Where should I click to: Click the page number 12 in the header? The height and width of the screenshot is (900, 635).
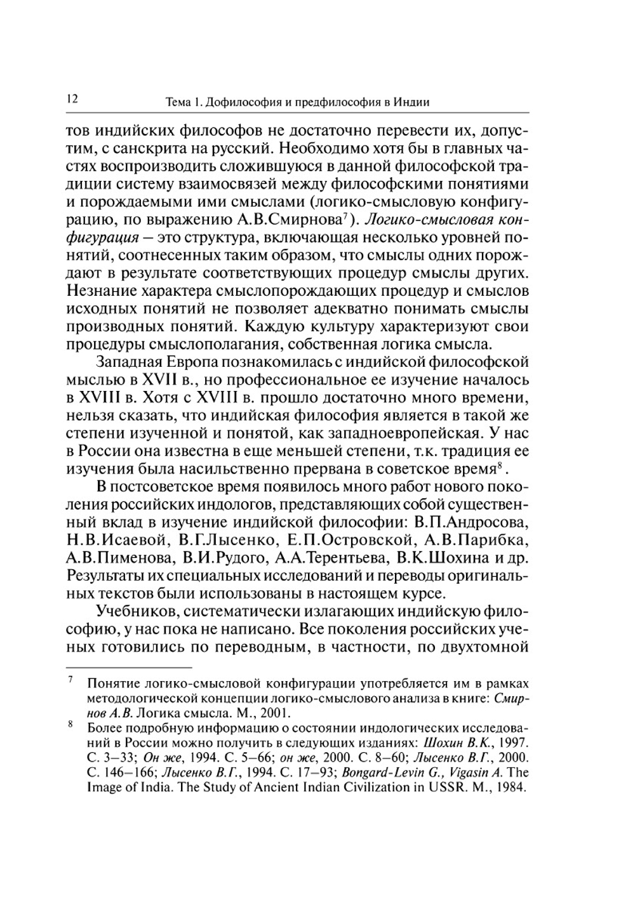click(70, 99)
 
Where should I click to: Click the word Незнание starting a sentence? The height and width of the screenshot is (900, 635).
click(102, 291)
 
